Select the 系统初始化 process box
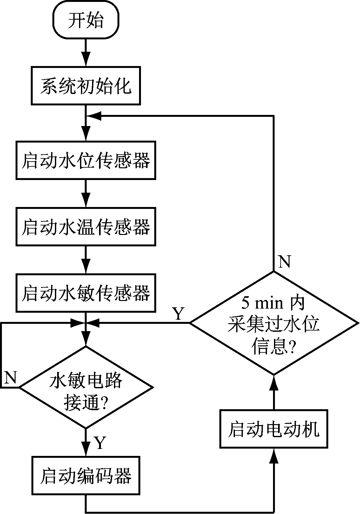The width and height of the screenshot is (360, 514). coord(86,85)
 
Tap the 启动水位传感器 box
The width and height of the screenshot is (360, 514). coord(86,160)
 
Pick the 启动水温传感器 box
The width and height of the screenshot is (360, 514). coord(86,227)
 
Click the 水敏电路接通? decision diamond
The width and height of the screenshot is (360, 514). coord(86,387)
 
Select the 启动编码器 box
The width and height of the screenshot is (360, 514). coord(86,475)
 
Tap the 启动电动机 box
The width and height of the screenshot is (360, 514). coord(274,429)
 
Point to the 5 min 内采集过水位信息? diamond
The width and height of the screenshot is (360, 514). coord(274,323)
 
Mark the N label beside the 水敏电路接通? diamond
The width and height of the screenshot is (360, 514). coord(11,377)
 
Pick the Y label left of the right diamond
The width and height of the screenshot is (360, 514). coord(178,314)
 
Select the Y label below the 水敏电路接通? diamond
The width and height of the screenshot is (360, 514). coord(100,443)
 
